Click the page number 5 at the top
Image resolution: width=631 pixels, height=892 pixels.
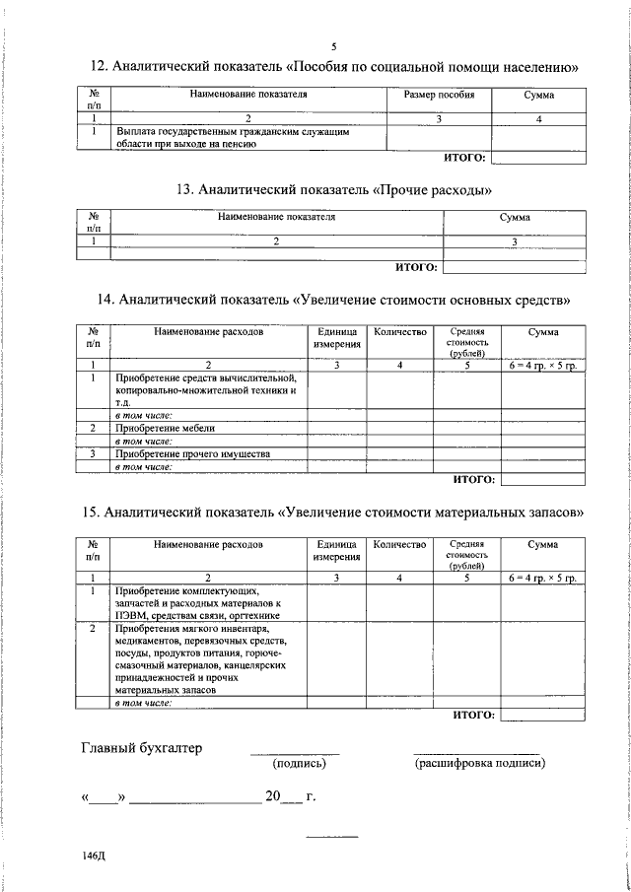pos(334,46)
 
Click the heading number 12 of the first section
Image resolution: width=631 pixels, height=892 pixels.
pos(99,67)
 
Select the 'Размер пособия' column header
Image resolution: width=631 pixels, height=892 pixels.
pos(440,96)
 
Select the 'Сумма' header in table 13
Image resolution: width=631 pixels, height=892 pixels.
pos(515,217)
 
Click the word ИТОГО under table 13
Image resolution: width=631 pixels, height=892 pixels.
pos(415,265)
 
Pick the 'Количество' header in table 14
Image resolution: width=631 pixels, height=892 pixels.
pos(399,333)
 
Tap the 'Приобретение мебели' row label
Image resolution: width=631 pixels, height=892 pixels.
pos(165,429)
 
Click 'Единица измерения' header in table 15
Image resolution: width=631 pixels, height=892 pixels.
pos(337,550)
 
